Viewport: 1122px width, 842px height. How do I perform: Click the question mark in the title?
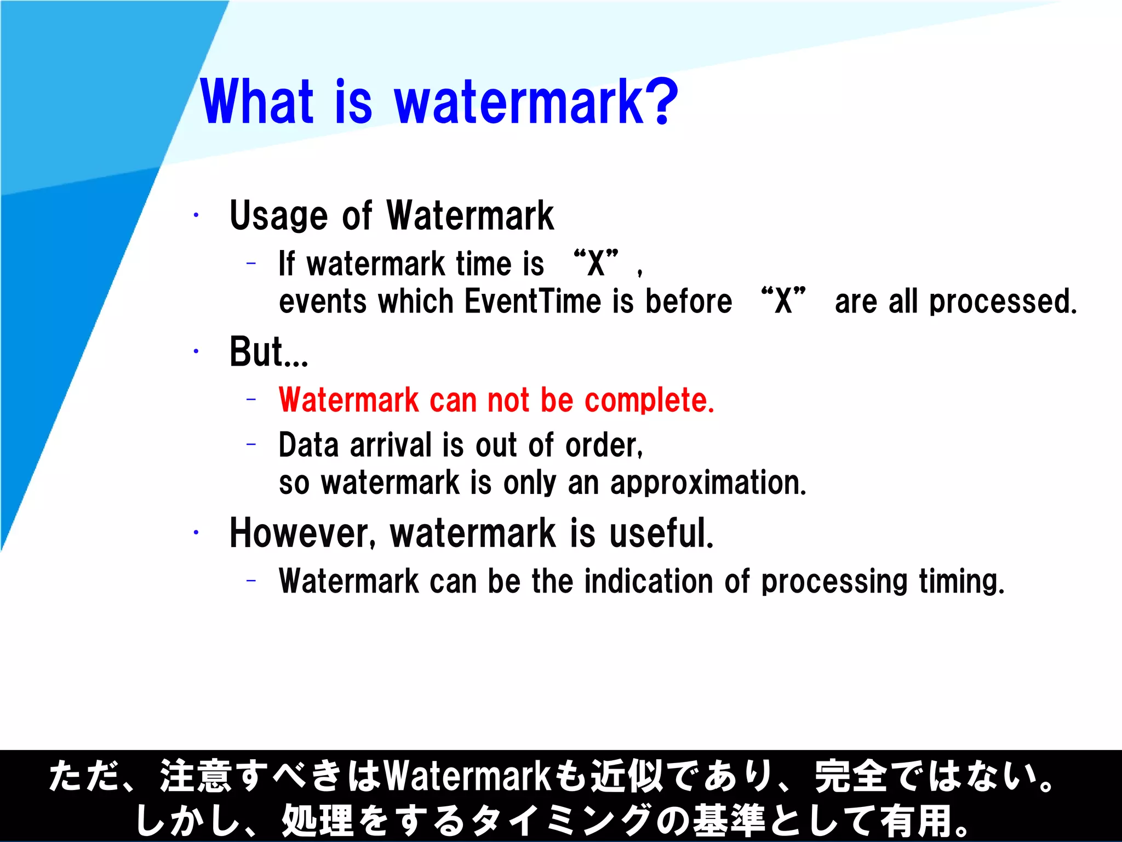coord(662,101)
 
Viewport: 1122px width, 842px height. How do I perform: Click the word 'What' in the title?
coord(257,101)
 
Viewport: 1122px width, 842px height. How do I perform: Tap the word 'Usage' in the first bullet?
coord(279,215)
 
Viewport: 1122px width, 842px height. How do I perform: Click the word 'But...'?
coord(269,352)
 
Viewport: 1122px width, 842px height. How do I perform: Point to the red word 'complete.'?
coord(649,400)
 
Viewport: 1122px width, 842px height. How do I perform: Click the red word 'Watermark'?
coord(348,400)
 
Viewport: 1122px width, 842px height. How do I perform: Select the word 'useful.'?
coord(661,533)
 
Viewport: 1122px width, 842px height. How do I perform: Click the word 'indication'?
coord(649,581)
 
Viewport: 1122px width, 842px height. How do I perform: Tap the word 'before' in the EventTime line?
coord(689,301)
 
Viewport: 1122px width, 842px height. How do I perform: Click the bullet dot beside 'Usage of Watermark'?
coord(196,215)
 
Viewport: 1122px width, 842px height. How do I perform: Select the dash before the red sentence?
coord(251,400)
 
